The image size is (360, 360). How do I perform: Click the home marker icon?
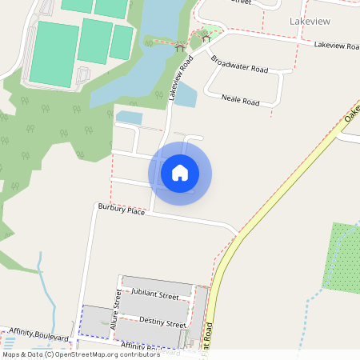(x=180, y=172)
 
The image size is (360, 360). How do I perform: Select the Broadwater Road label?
(x=238, y=64)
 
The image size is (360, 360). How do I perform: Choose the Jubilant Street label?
(x=155, y=295)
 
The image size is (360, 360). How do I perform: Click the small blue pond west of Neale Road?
(x=186, y=94)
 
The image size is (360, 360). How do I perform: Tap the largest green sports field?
(x=54, y=53)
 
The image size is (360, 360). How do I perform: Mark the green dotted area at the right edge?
(x=342, y=256)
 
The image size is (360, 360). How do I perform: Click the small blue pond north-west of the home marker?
(x=128, y=118)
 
